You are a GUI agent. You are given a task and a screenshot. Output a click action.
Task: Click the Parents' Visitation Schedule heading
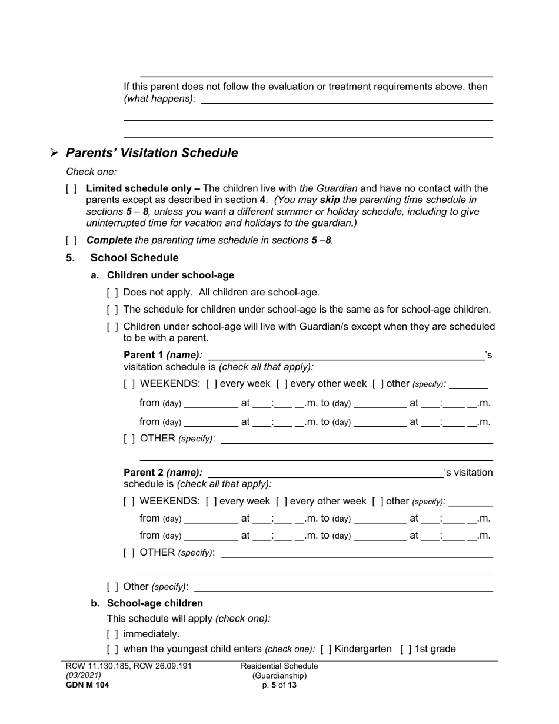[152, 153]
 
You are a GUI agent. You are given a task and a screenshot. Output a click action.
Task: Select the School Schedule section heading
[134, 258]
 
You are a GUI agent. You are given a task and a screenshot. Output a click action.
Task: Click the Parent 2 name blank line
[325, 473]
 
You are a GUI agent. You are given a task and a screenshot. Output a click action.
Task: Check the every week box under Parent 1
[211, 384]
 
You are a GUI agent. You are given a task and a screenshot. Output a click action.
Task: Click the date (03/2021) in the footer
[83, 676]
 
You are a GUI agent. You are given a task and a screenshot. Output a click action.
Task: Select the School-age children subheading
[155, 603]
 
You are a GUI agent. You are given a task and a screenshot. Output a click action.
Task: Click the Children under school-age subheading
[170, 275]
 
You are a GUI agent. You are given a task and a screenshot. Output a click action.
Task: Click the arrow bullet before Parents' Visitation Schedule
[54, 153]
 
